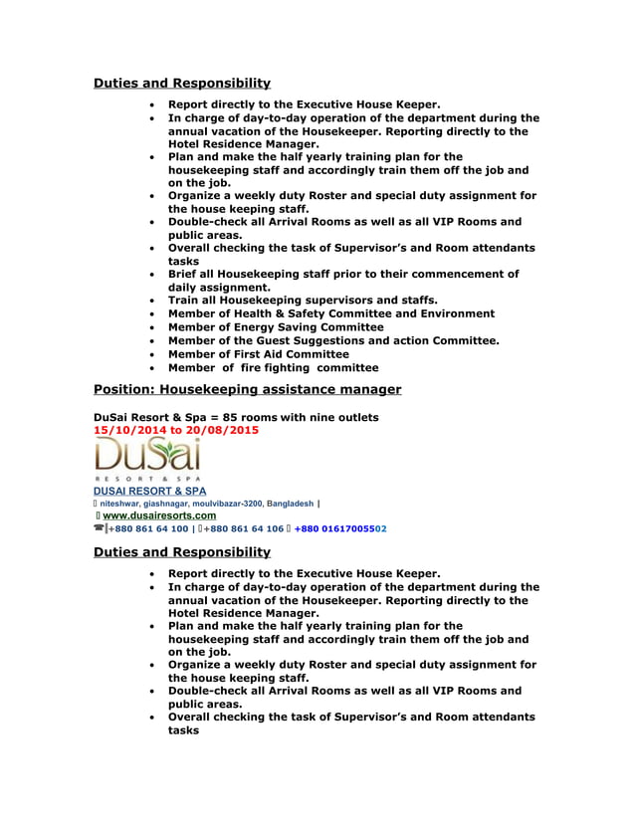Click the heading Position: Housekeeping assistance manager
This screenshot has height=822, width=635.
tap(247, 389)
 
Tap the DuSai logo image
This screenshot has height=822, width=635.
tap(147, 458)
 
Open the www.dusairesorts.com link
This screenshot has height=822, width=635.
tap(159, 515)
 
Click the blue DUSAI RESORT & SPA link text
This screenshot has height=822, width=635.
tap(149, 491)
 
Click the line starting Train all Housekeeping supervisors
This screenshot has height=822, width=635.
tap(303, 300)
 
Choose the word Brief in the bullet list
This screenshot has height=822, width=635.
tap(185, 274)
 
